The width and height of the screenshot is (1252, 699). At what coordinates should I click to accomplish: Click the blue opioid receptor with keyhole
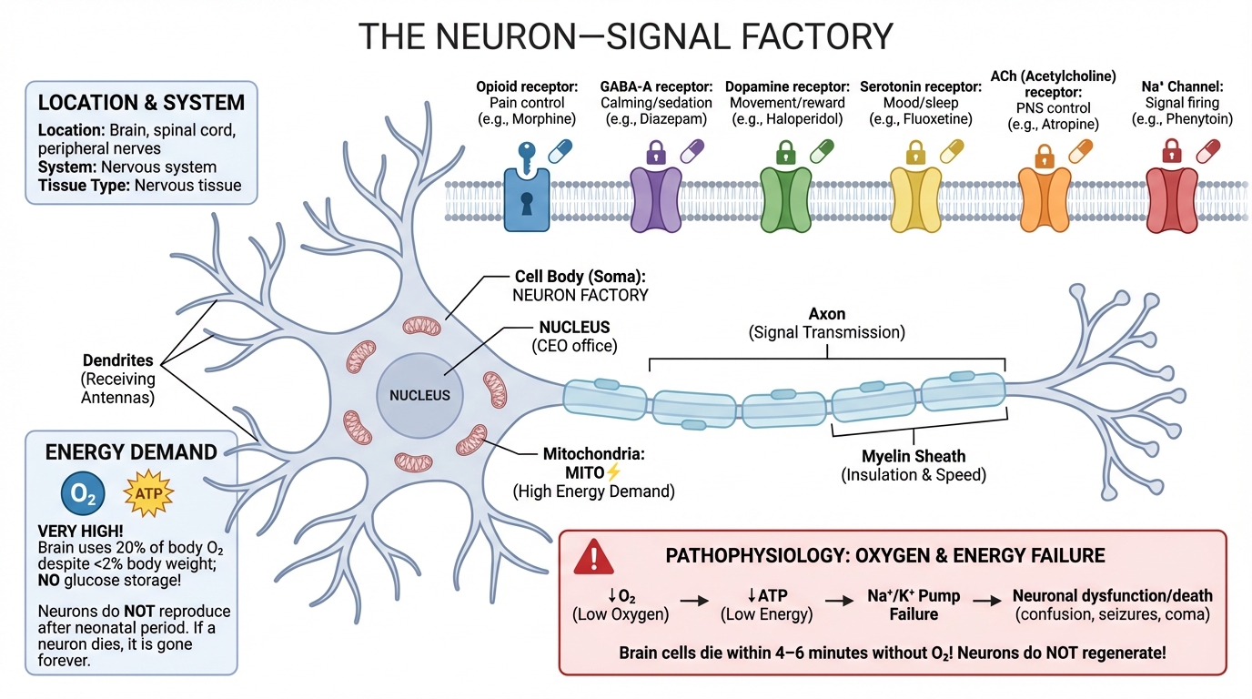pos(528,198)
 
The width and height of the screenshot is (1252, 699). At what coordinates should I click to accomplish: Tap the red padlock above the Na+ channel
pos(1171,150)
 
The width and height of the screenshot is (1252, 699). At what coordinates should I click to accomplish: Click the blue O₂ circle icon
pos(83,494)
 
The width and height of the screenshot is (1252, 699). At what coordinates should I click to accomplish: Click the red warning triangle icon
pos(593,556)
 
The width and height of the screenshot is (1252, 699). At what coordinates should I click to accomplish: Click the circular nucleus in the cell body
pos(419,395)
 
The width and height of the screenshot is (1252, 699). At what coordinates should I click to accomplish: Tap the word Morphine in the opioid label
pos(545,119)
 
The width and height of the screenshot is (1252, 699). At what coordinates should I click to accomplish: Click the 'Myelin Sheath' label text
pos(913,455)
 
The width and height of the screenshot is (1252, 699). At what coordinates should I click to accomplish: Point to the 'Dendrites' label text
pos(118,360)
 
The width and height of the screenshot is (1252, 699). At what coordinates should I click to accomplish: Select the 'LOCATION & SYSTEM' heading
pos(141,102)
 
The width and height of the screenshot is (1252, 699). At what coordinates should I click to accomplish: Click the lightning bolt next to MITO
pos(613,471)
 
